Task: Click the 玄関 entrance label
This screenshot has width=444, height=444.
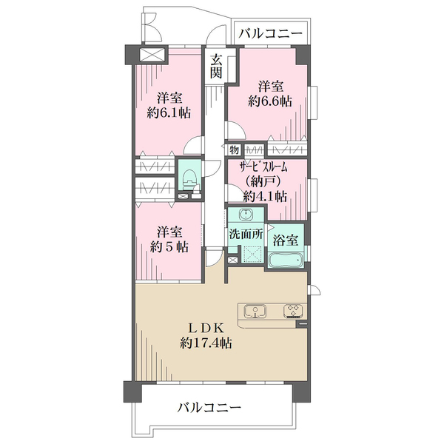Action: (x=215, y=66)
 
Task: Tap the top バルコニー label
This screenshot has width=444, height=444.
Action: (x=271, y=34)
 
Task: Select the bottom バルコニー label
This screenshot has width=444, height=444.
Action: (x=209, y=407)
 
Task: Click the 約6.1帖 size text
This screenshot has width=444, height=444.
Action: (x=170, y=113)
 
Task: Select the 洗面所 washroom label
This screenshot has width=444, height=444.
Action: (x=245, y=234)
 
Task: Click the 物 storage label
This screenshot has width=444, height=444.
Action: (x=234, y=149)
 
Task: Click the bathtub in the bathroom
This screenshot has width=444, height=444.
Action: (x=284, y=260)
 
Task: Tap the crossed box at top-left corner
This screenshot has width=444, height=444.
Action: (x=153, y=55)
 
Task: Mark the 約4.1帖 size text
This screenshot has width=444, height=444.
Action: (x=266, y=196)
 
